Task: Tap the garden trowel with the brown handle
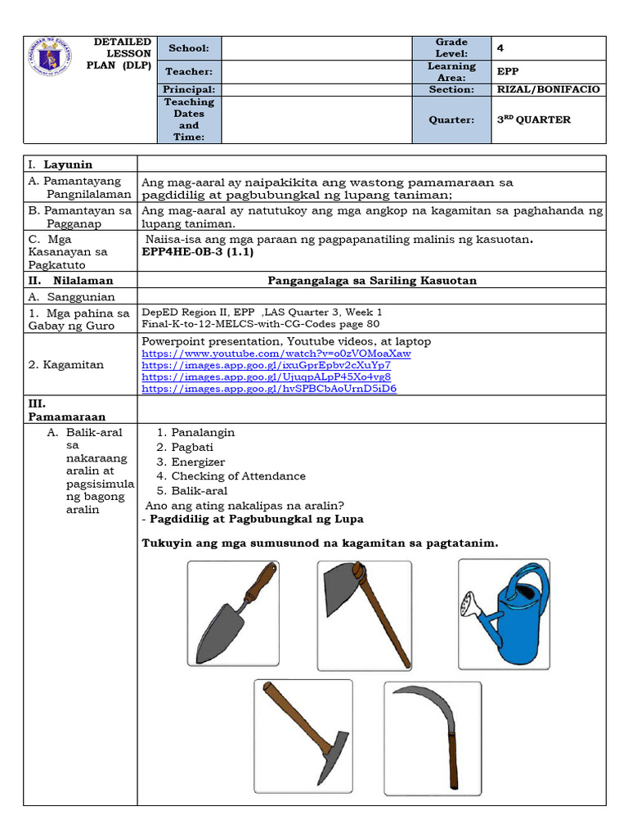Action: (232, 614)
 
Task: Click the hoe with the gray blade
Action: (364, 614)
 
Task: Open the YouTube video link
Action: (276, 354)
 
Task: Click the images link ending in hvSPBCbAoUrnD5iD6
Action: (269, 389)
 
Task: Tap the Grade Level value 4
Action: (500, 48)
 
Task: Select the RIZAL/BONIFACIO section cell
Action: (548, 89)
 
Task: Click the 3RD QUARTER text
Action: (534, 119)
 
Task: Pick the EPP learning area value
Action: (508, 71)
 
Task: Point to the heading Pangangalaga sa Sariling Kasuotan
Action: (372, 280)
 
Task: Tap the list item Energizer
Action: (198, 462)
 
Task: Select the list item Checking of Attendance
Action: (238, 475)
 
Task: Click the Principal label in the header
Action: (189, 89)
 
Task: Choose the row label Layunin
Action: (68, 164)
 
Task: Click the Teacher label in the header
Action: (189, 71)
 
